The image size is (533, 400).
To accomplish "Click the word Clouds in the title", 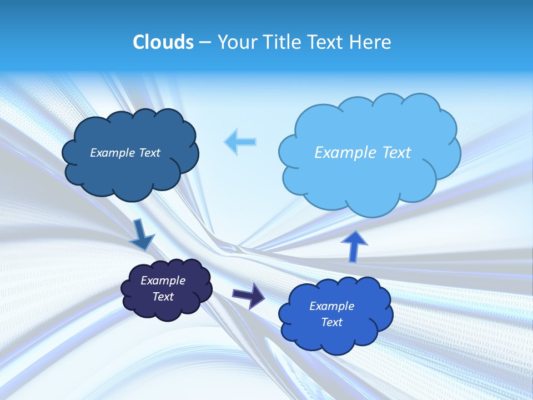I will point(163,42).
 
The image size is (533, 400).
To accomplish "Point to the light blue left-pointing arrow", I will point(240,142).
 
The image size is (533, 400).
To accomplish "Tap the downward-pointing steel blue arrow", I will point(142,234).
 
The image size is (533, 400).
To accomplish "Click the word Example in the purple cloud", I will point(163,281).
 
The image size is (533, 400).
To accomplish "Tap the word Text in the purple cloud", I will point(163,297).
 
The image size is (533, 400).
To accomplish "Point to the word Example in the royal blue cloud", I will point(331,306).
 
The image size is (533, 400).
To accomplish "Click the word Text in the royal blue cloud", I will point(331,322).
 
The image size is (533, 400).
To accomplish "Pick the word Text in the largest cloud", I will point(396,153).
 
